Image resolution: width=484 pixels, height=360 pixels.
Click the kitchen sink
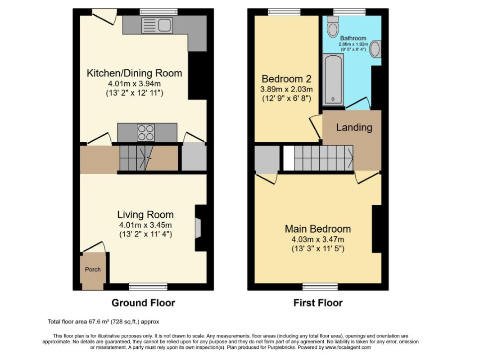(x=156, y=26)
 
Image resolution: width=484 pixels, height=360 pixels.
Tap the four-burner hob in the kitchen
(x=145, y=132)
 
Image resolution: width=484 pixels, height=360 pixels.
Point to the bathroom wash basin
(x=375, y=49)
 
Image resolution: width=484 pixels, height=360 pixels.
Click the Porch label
(x=93, y=270)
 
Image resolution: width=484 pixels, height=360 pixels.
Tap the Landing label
(x=354, y=127)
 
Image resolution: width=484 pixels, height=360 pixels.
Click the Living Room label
(x=145, y=215)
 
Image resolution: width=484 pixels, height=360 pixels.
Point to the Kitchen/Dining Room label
(x=134, y=73)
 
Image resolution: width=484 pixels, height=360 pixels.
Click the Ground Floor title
(x=143, y=303)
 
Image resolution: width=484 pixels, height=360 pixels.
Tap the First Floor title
(x=318, y=303)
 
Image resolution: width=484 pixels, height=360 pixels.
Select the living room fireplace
(x=198, y=228)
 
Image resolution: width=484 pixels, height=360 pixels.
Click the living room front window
(x=148, y=286)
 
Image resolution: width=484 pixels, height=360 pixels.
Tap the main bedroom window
(x=320, y=286)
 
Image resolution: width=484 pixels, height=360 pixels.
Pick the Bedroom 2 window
(x=284, y=12)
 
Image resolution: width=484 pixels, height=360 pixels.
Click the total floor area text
(x=103, y=322)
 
